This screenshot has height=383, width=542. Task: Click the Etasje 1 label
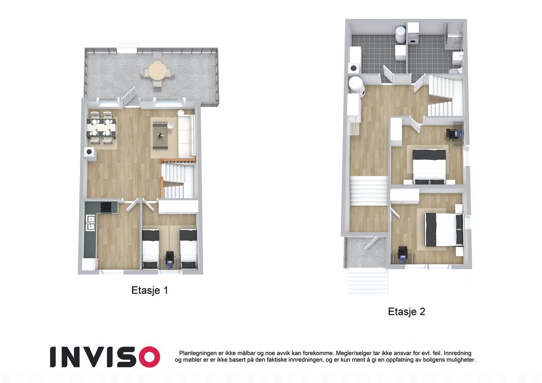click(x=150, y=290)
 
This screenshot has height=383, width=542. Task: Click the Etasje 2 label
click(x=406, y=312)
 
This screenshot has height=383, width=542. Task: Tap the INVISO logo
click(x=104, y=357)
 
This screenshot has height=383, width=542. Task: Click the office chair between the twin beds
click(x=169, y=257)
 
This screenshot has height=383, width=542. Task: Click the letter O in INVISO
click(x=149, y=357)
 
